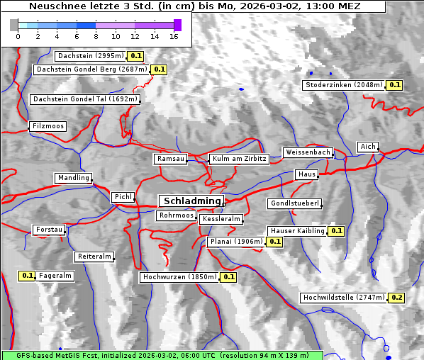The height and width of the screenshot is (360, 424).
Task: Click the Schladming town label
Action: click(x=191, y=201)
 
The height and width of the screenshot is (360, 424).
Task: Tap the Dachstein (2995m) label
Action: click(x=90, y=55)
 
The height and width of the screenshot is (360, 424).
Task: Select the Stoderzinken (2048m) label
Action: click(x=344, y=85)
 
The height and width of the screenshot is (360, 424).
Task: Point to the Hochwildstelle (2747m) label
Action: click(x=344, y=298)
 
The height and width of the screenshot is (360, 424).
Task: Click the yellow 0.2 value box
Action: click(x=397, y=298)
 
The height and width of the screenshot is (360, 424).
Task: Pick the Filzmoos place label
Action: click(x=48, y=126)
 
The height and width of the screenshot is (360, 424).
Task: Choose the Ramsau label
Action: click(x=171, y=159)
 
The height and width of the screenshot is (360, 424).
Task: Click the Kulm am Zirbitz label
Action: click(x=239, y=159)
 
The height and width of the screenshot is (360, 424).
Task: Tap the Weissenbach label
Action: click(x=308, y=152)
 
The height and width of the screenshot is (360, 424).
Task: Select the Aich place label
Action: click(x=368, y=147)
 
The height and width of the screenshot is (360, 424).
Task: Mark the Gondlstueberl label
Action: click(x=295, y=204)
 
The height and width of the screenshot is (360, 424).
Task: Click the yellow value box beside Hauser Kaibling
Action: click(x=337, y=231)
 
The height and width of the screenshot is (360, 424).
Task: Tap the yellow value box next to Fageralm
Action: click(x=28, y=276)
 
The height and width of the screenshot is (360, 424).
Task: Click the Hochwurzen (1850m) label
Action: click(x=179, y=277)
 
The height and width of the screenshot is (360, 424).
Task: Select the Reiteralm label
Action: click(x=94, y=257)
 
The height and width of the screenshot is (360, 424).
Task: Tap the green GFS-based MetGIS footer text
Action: click(x=162, y=355)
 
